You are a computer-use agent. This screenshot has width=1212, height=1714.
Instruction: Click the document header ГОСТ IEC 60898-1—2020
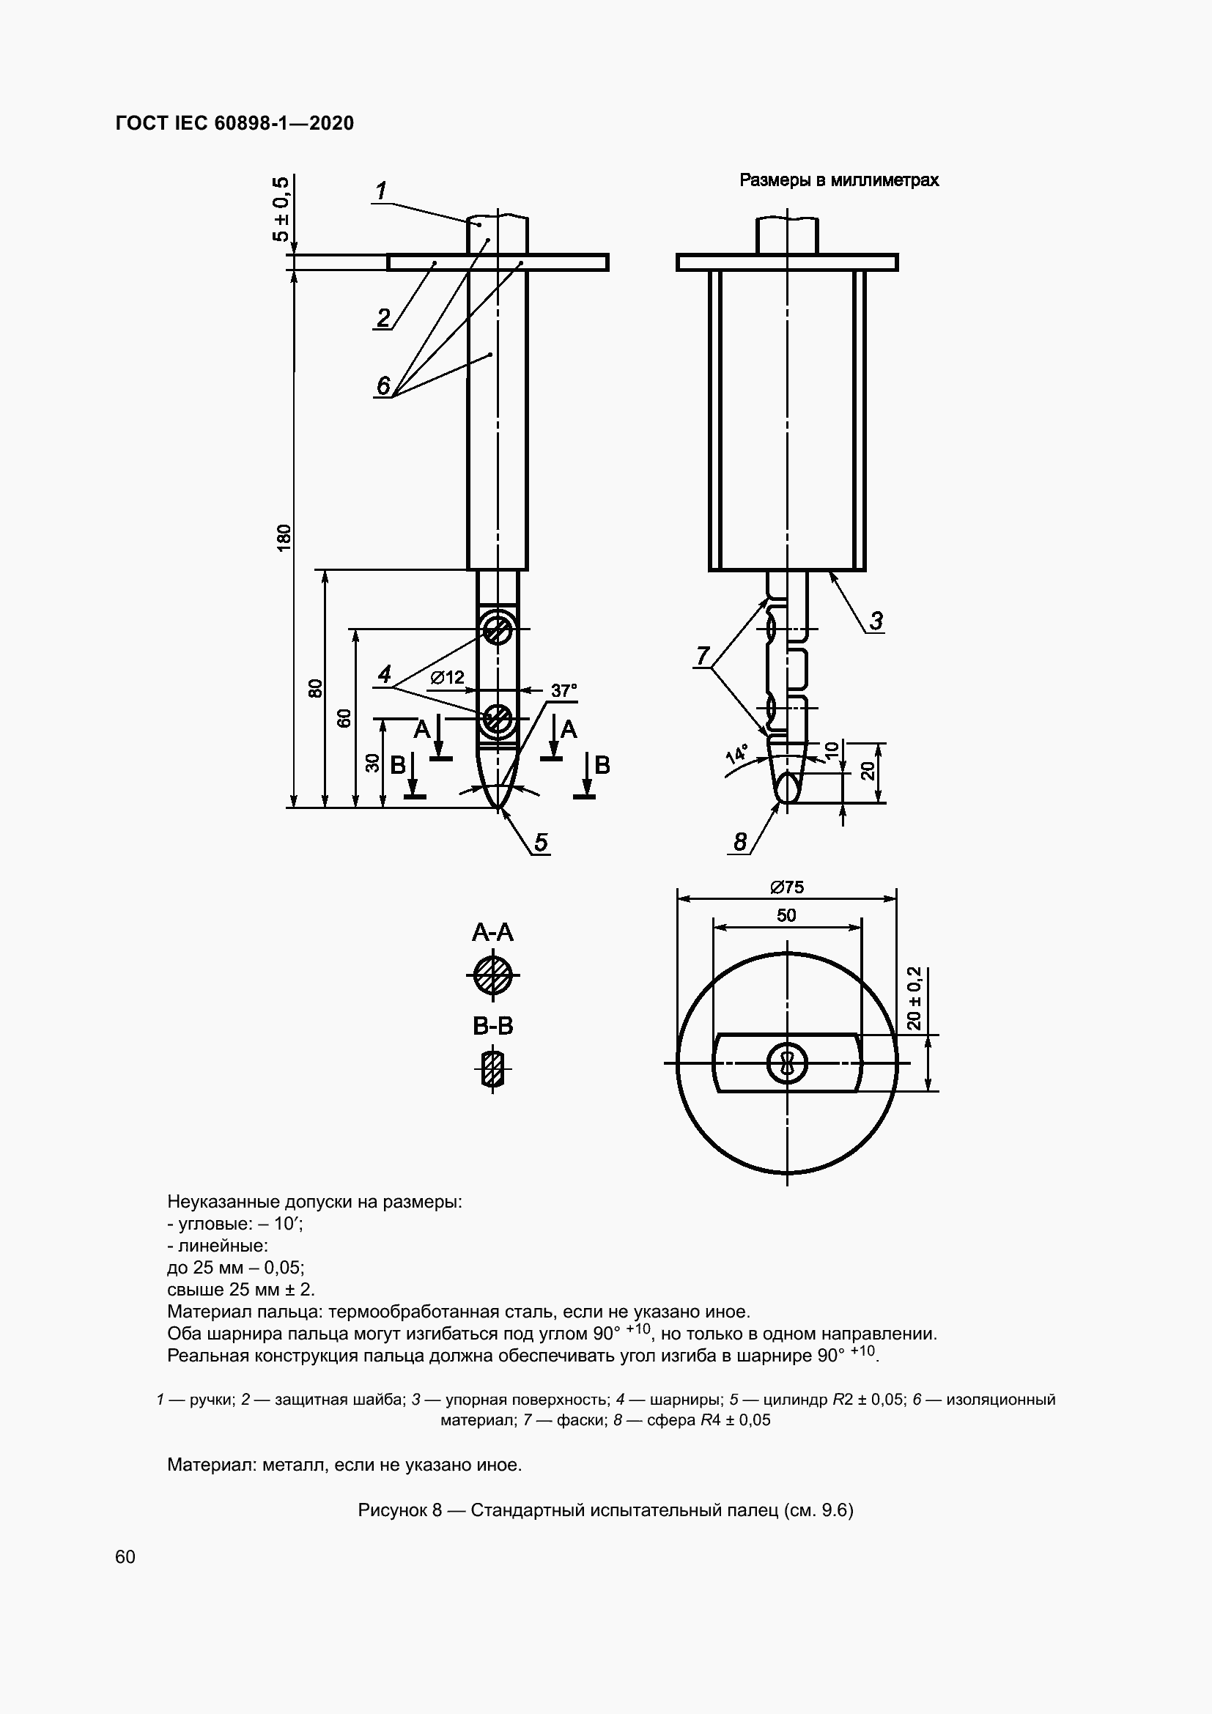point(234,123)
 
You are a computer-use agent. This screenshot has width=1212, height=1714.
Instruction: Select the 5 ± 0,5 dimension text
point(282,210)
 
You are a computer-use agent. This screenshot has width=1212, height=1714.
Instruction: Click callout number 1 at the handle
point(380,192)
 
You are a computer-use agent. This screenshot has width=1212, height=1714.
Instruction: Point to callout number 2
point(383,319)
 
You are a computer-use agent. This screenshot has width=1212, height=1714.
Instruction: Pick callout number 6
point(383,386)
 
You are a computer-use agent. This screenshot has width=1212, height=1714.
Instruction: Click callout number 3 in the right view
point(876,621)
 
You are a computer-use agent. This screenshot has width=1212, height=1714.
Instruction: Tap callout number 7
point(702,656)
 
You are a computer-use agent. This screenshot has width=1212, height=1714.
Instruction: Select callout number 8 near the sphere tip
point(739,842)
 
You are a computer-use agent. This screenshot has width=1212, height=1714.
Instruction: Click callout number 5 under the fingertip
point(540,842)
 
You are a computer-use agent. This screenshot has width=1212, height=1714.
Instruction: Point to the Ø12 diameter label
point(448,677)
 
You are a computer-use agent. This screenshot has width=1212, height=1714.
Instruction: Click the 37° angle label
point(564,690)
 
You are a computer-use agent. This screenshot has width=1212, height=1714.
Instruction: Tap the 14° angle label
point(736,753)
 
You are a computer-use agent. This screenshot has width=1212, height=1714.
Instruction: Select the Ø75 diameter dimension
point(786,887)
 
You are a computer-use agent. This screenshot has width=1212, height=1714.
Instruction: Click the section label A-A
point(492,932)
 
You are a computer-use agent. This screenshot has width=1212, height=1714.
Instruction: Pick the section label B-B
point(492,1027)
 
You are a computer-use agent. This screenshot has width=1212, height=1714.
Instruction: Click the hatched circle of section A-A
point(492,975)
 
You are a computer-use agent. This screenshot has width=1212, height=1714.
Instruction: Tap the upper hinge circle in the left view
point(495,631)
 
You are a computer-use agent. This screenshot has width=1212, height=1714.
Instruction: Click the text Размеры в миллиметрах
point(839,180)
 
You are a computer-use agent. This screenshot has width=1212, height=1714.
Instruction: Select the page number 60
point(125,1556)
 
